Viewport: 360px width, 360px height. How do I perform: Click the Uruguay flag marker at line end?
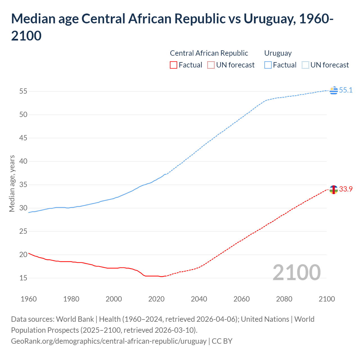(x=334, y=91)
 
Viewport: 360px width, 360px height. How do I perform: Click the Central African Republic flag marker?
(x=334, y=190)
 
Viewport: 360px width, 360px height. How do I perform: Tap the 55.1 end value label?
(x=346, y=90)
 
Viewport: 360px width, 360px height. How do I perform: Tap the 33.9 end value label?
(x=346, y=189)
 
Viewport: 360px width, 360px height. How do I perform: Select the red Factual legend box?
(x=174, y=65)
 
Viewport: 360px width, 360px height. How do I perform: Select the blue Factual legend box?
(x=268, y=65)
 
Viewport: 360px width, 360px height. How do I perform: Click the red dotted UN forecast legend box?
(x=211, y=65)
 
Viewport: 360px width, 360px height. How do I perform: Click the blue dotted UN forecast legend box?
(x=305, y=65)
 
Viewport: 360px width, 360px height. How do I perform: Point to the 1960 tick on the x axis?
(x=29, y=299)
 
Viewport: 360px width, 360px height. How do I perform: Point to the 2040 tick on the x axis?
(x=199, y=299)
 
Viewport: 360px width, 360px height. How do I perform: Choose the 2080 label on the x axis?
(x=284, y=299)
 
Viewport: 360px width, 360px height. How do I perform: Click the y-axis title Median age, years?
(x=12, y=183)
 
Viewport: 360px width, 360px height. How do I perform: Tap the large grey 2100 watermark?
(x=296, y=273)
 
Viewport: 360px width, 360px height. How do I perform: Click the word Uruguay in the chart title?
(x=269, y=19)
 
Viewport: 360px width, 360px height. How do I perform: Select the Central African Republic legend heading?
(x=209, y=53)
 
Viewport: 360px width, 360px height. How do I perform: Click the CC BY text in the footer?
(x=222, y=341)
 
